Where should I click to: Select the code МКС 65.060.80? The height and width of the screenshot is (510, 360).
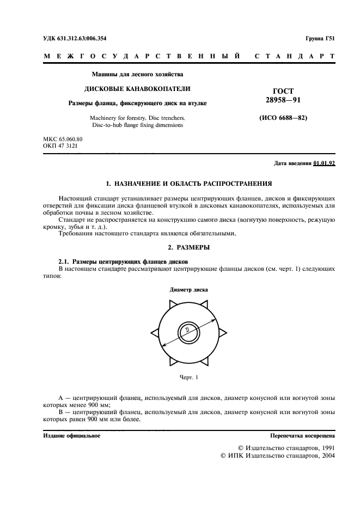pos(63,139)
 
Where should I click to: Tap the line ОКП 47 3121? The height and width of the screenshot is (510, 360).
pos(60,147)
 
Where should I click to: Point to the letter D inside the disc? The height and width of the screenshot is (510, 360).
pos(186,331)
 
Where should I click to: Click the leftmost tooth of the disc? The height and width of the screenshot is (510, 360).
pos(153,330)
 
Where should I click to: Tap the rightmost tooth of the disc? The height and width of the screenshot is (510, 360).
pos(223,330)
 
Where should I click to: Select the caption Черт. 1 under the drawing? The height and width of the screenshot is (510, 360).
pos(188,377)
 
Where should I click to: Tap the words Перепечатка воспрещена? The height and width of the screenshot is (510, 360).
pos(303,436)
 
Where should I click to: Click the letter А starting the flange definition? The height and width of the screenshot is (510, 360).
pos(60,398)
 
